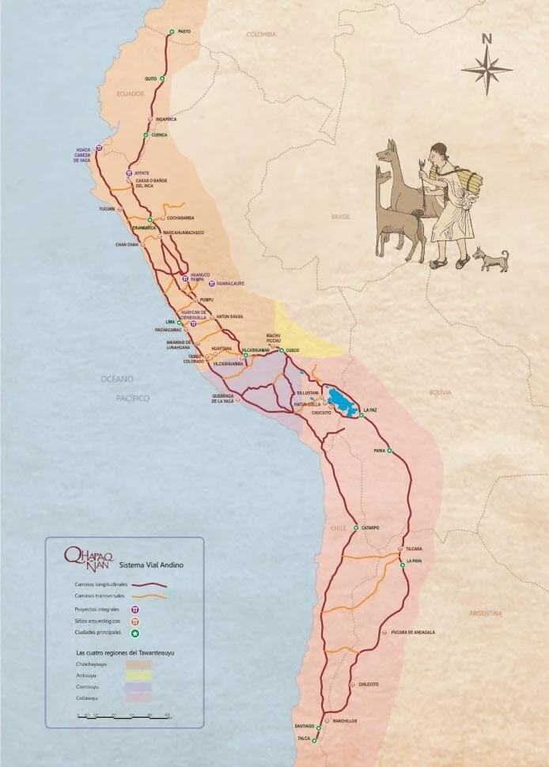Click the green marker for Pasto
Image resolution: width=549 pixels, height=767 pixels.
[x=171, y=32]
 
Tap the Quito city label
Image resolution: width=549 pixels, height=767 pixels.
[x=150, y=79]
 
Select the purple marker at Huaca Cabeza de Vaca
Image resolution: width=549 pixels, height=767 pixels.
[x=99, y=148]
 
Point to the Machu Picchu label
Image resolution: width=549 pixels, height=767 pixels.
[x=274, y=338]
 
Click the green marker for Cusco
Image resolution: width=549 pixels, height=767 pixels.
[x=282, y=349]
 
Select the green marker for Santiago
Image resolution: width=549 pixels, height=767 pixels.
[x=319, y=727]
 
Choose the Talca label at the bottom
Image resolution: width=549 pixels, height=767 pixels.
[x=303, y=739]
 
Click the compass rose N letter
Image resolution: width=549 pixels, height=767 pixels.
[x=487, y=38]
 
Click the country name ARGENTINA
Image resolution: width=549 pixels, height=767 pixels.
[x=486, y=613]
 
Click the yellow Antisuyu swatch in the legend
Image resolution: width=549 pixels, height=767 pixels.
[x=138, y=676]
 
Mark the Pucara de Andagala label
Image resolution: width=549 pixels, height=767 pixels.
[x=413, y=633]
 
